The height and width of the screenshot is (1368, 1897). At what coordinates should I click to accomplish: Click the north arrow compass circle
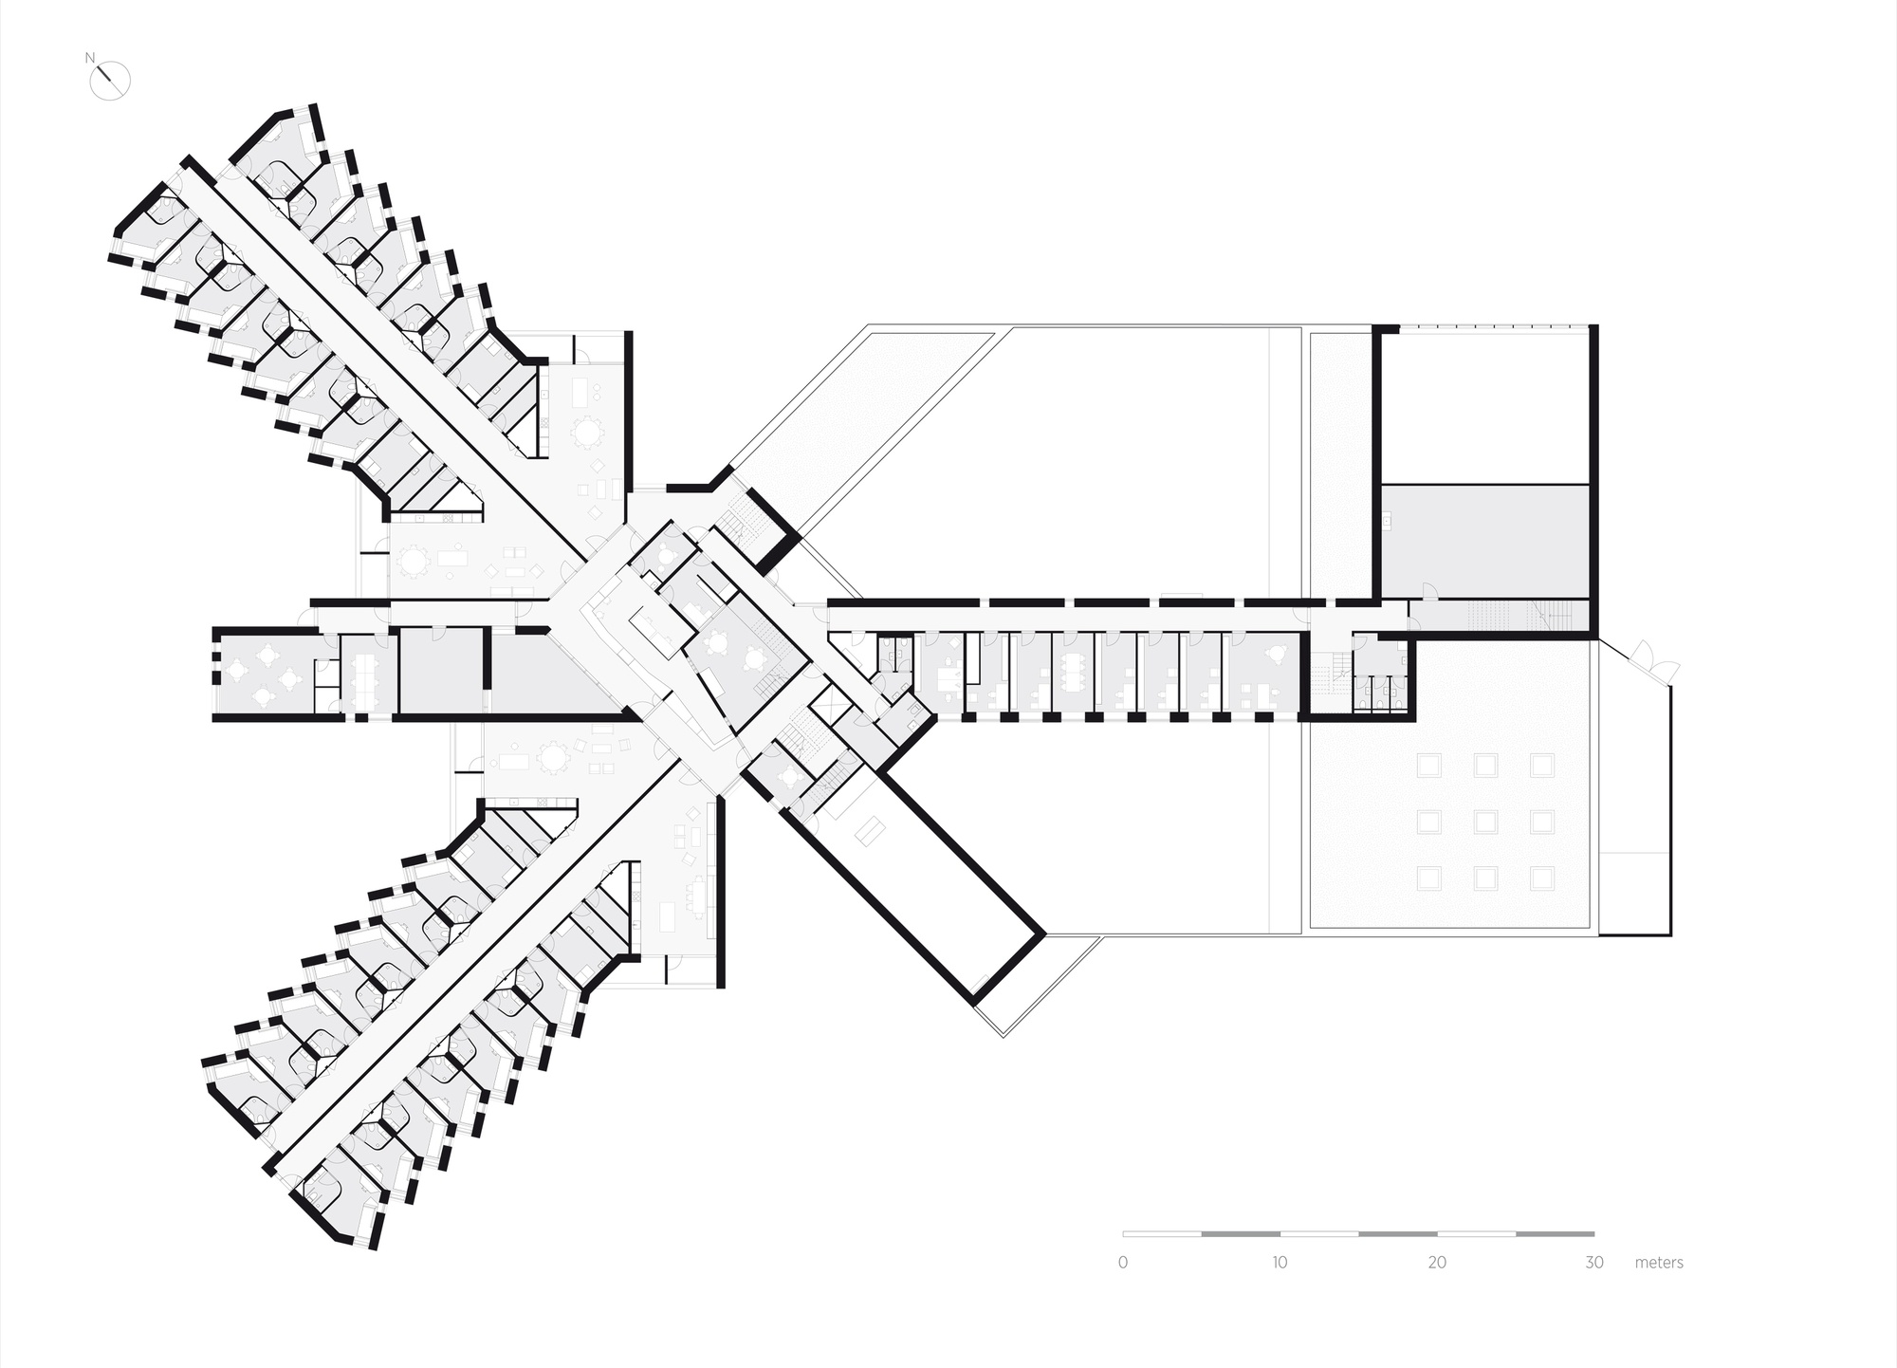pos(110,80)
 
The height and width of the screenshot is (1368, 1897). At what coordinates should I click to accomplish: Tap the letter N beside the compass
pos(91,57)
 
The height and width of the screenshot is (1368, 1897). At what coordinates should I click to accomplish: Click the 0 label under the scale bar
pos(1123,1263)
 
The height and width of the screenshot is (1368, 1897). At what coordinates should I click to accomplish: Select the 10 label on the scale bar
pos(1280,1263)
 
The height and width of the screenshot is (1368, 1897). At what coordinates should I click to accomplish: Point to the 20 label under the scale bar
pos(1437,1263)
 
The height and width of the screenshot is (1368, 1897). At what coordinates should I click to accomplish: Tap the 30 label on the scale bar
pos(1594,1263)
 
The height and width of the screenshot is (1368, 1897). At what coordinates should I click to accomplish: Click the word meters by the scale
pos(1659,1263)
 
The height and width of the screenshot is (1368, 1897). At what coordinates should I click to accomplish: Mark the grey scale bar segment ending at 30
pos(1556,1234)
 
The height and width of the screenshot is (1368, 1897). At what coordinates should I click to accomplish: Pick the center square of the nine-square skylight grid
pos(1486,822)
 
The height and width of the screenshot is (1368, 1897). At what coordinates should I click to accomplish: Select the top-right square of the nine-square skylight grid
pos(1542,765)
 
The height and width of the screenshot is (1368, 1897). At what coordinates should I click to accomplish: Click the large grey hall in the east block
pos(1484,542)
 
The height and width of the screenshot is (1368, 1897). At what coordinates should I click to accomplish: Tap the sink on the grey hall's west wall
pos(1387,520)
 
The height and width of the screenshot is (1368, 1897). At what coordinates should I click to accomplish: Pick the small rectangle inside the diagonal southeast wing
pos(871,832)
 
